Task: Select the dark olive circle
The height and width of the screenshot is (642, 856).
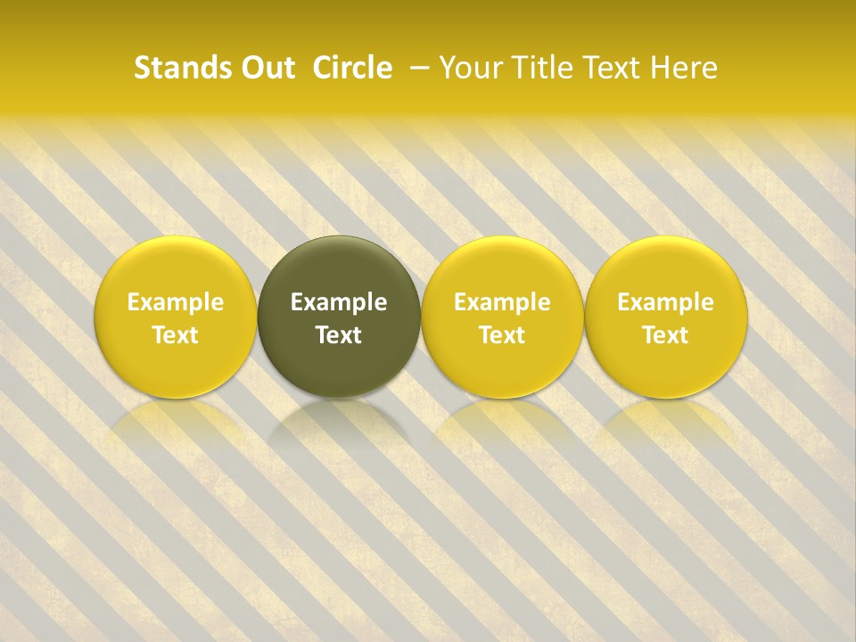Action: tap(339, 317)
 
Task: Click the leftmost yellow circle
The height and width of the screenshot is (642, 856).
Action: tap(176, 317)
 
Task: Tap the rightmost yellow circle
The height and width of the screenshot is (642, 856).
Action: tap(665, 317)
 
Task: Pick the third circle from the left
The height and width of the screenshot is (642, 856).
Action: tap(502, 317)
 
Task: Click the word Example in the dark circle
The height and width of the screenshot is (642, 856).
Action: tap(339, 302)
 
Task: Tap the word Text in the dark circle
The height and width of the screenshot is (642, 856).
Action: tap(339, 335)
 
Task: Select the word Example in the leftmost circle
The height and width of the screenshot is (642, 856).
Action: tap(176, 302)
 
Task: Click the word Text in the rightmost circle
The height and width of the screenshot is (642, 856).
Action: tap(665, 335)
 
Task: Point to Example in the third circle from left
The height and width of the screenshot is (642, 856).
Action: tap(502, 302)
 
